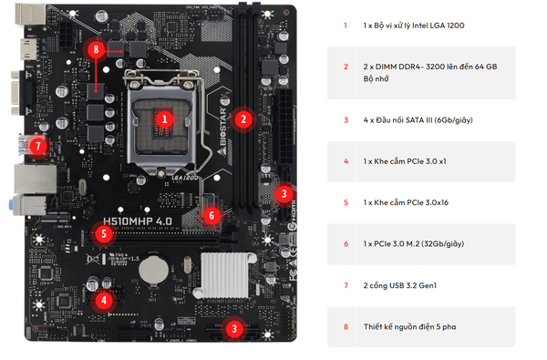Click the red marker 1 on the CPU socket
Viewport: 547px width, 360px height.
[165, 119]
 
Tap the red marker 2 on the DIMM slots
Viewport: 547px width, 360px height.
[243, 119]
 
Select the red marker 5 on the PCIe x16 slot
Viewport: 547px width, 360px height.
[104, 233]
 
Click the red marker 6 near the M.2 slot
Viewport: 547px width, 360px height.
[212, 216]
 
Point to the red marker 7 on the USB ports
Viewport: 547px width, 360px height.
[38, 146]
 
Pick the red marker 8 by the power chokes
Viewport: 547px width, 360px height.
[96, 49]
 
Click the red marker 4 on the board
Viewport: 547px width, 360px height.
[104, 300]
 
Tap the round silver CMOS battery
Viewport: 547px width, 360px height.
[153, 271]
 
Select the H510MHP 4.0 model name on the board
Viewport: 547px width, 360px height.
[138, 221]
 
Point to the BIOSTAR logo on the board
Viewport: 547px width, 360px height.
[222, 127]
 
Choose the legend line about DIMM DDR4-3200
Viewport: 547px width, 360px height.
[430, 73]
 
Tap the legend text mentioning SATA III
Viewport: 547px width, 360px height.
[418, 120]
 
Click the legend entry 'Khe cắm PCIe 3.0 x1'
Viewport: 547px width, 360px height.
[410, 161]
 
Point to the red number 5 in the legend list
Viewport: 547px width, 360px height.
[346, 202]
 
